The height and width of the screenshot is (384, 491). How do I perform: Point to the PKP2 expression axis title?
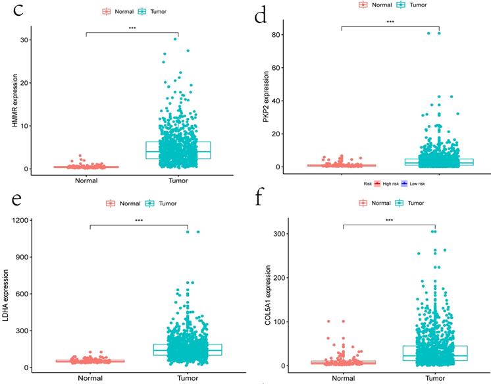pos(261,97)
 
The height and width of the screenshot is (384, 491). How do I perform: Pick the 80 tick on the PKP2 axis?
pos(278,34)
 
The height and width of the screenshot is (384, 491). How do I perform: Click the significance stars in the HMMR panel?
pos(132,28)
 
